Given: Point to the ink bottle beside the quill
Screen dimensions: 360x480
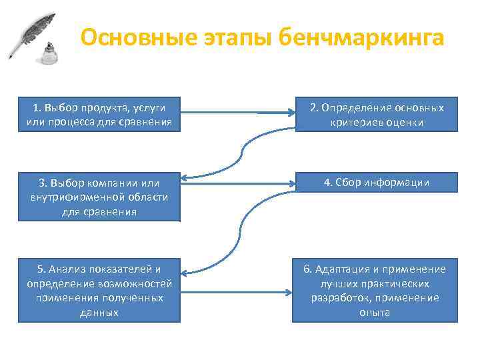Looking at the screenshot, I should [x=49, y=55].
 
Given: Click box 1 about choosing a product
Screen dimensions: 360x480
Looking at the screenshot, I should [x=99, y=115].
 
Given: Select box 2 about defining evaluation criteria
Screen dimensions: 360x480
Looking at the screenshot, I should [x=377, y=115].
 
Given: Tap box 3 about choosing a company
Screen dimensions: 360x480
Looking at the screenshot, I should [x=99, y=197].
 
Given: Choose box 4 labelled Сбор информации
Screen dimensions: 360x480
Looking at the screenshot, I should [x=377, y=182].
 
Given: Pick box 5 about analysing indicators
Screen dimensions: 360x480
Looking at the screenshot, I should [x=99, y=290].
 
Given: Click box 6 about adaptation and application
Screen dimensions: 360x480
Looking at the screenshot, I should [x=377, y=290].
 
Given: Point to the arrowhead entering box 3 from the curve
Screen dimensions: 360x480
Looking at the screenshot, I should [x=185, y=179].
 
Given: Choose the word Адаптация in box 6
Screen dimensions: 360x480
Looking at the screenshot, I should [x=341, y=269].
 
